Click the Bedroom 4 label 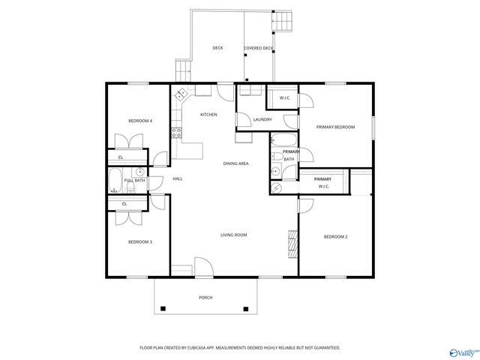pos(140,121)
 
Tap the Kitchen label pos(208,115)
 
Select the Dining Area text pos(236,163)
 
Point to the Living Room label pos(233,235)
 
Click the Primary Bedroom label pos(334,127)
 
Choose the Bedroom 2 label pos(335,237)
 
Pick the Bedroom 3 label pos(140,241)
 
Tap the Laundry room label pos(262,119)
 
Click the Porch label pos(205,298)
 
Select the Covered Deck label pos(259,49)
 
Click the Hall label pos(178,178)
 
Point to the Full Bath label pos(135,180)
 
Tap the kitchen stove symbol pos(176,133)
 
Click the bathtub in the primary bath pos(284,139)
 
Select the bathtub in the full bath pos(115,181)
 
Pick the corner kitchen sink pos(181,94)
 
